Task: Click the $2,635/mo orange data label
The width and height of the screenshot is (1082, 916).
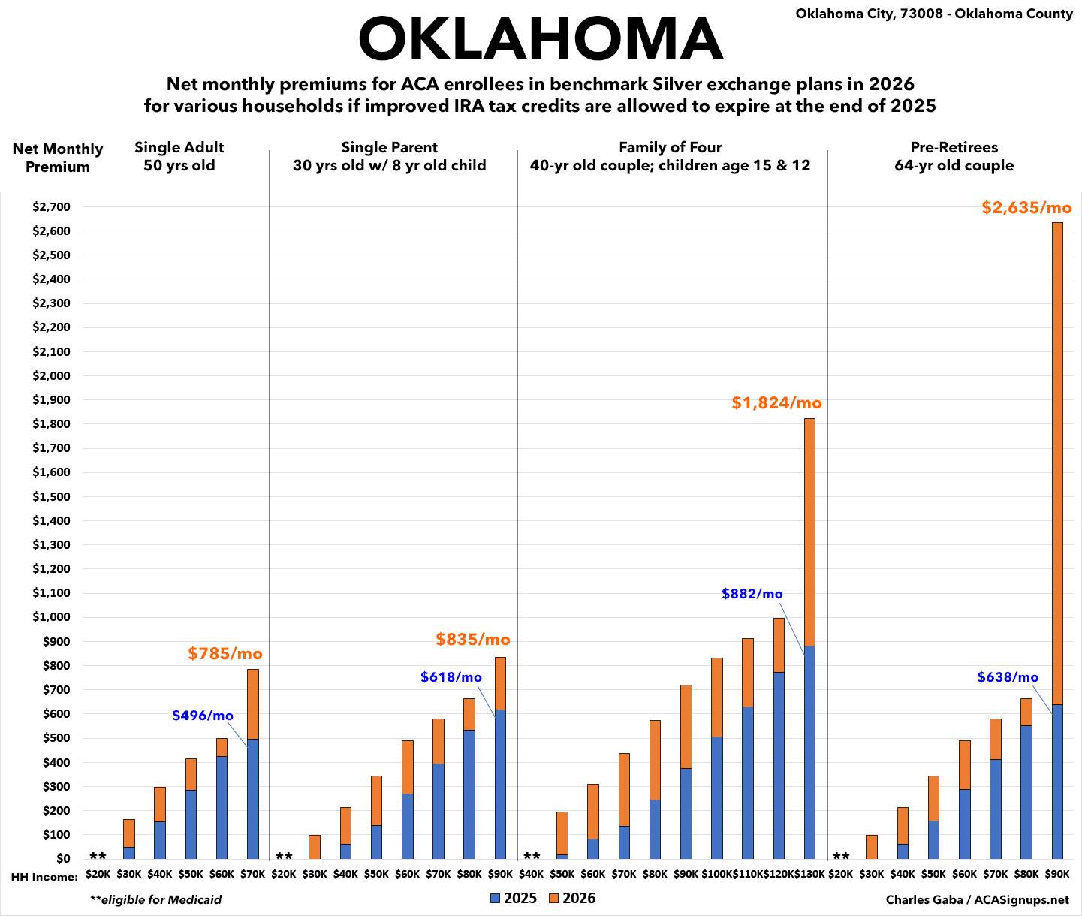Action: click(x=1026, y=207)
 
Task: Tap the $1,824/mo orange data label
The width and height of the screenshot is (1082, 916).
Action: click(x=776, y=403)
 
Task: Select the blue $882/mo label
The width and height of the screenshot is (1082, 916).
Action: click(x=752, y=594)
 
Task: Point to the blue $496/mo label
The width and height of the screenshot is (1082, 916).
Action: click(x=203, y=716)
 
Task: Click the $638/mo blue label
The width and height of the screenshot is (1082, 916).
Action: click(x=1008, y=677)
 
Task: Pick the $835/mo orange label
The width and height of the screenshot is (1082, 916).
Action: click(x=473, y=640)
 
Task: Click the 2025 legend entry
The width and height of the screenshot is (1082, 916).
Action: click(x=514, y=899)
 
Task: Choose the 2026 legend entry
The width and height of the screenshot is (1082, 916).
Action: click(x=572, y=899)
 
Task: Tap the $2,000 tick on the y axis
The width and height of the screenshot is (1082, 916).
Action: click(x=52, y=375)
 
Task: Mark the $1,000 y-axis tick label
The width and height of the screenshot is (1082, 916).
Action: click(x=52, y=617)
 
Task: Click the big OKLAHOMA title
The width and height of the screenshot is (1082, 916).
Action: click(x=541, y=39)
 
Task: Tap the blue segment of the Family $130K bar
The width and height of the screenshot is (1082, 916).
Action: click(x=809, y=752)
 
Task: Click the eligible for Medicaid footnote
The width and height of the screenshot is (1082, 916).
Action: click(x=155, y=899)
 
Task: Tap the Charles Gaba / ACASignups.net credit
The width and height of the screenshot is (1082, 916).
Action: click(x=977, y=899)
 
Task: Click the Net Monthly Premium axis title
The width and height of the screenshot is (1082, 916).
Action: click(x=58, y=158)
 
